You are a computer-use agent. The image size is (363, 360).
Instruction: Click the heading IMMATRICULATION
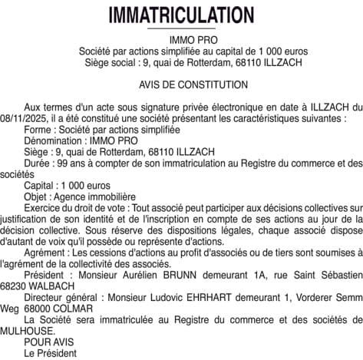tap(181, 15)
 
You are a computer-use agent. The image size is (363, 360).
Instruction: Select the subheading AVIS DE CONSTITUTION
tap(182, 84)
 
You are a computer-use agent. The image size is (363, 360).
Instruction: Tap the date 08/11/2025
tap(25, 120)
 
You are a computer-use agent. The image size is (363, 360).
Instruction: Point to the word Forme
tap(38, 130)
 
